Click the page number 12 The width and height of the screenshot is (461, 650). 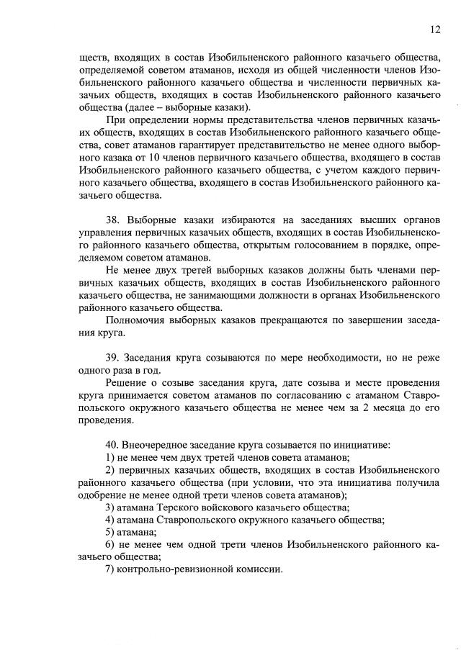click(x=435, y=30)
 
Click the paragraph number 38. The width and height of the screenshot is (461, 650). click(x=112, y=220)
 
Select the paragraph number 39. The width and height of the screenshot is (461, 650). click(x=112, y=358)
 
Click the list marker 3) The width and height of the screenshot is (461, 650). click(x=109, y=507)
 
